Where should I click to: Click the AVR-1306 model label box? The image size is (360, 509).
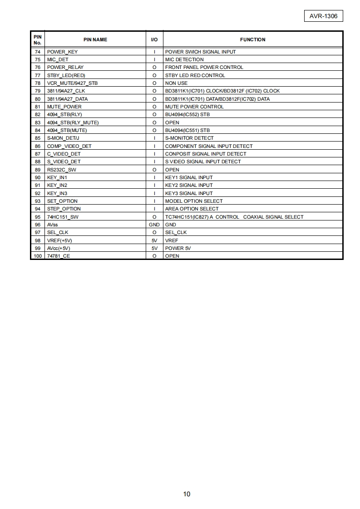click(x=323, y=16)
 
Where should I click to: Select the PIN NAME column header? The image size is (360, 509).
click(x=95, y=39)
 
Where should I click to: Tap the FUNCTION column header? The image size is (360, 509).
click(x=252, y=39)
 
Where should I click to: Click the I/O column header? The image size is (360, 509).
click(x=154, y=39)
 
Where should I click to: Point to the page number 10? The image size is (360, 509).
click(x=187, y=494)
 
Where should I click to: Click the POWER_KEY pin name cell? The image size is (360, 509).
click(x=62, y=52)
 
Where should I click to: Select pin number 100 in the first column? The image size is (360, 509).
click(x=38, y=256)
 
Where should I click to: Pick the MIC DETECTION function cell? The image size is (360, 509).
click(x=184, y=59)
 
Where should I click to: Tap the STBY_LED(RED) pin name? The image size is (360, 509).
click(x=66, y=75)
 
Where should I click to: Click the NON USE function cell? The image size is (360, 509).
click(x=176, y=83)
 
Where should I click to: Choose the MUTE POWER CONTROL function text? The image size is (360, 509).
click(x=194, y=107)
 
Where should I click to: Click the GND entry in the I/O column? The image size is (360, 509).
click(x=154, y=225)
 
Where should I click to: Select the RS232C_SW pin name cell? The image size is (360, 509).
click(x=62, y=170)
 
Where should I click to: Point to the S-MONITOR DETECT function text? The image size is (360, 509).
click(x=189, y=138)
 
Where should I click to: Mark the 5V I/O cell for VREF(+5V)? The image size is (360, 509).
click(x=154, y=240)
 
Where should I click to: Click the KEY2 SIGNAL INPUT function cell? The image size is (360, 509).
click(x=189, y=185)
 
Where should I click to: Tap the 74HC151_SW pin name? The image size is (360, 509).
click(x=63, y=217)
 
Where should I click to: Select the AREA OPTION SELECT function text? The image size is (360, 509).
click(x=192, y=209)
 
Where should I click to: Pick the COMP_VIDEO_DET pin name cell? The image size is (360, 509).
click(x=69, y=146)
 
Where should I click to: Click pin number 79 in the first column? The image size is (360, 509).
click(x=38, y=91)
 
